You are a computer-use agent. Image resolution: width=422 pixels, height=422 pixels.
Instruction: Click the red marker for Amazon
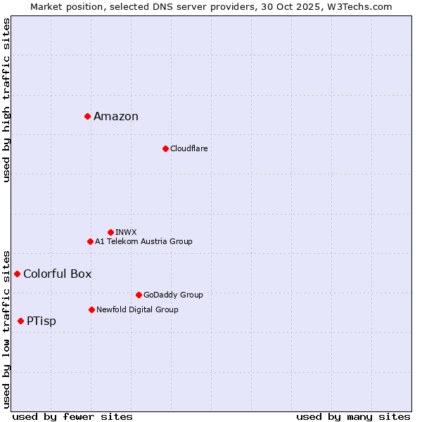coord(87,116)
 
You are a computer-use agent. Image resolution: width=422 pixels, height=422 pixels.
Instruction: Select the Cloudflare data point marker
coord(165,148)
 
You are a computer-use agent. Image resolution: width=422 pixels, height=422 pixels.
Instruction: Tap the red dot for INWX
coord(110,232)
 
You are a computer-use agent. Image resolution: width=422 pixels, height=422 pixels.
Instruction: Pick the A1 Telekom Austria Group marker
coord(90,241)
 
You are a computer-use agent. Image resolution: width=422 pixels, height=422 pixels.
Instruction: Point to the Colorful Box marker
coord(17,274)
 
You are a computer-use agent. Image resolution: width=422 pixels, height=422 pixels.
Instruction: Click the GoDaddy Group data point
coord(139,295)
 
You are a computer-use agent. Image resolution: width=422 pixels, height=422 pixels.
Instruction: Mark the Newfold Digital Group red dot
coord(91,309)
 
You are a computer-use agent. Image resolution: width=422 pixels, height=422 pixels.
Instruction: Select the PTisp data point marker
coord(20,321)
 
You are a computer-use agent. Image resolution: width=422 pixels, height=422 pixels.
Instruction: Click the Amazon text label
coord(116,117)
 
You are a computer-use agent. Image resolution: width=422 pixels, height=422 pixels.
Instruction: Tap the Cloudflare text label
coord(188,148)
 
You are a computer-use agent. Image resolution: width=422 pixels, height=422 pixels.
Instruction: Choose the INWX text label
coord(126,232)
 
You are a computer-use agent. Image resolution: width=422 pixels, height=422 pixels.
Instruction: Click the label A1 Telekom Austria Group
coord(143,241)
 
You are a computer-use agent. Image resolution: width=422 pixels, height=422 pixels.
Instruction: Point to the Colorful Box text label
coord(57,274)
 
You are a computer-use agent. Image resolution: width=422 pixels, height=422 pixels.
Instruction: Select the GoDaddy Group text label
coord(173,295)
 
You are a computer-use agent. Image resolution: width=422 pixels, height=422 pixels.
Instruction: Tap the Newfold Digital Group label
coord(137,309)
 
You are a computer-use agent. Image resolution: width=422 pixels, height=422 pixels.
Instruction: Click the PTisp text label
coord(41,321)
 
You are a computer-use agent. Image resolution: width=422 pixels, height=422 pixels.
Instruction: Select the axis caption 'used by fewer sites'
coord(72,416)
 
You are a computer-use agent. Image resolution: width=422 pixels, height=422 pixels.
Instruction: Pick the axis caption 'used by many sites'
coord(353,416)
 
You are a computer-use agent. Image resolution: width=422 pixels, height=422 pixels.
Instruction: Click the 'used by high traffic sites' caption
coord(6,100)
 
